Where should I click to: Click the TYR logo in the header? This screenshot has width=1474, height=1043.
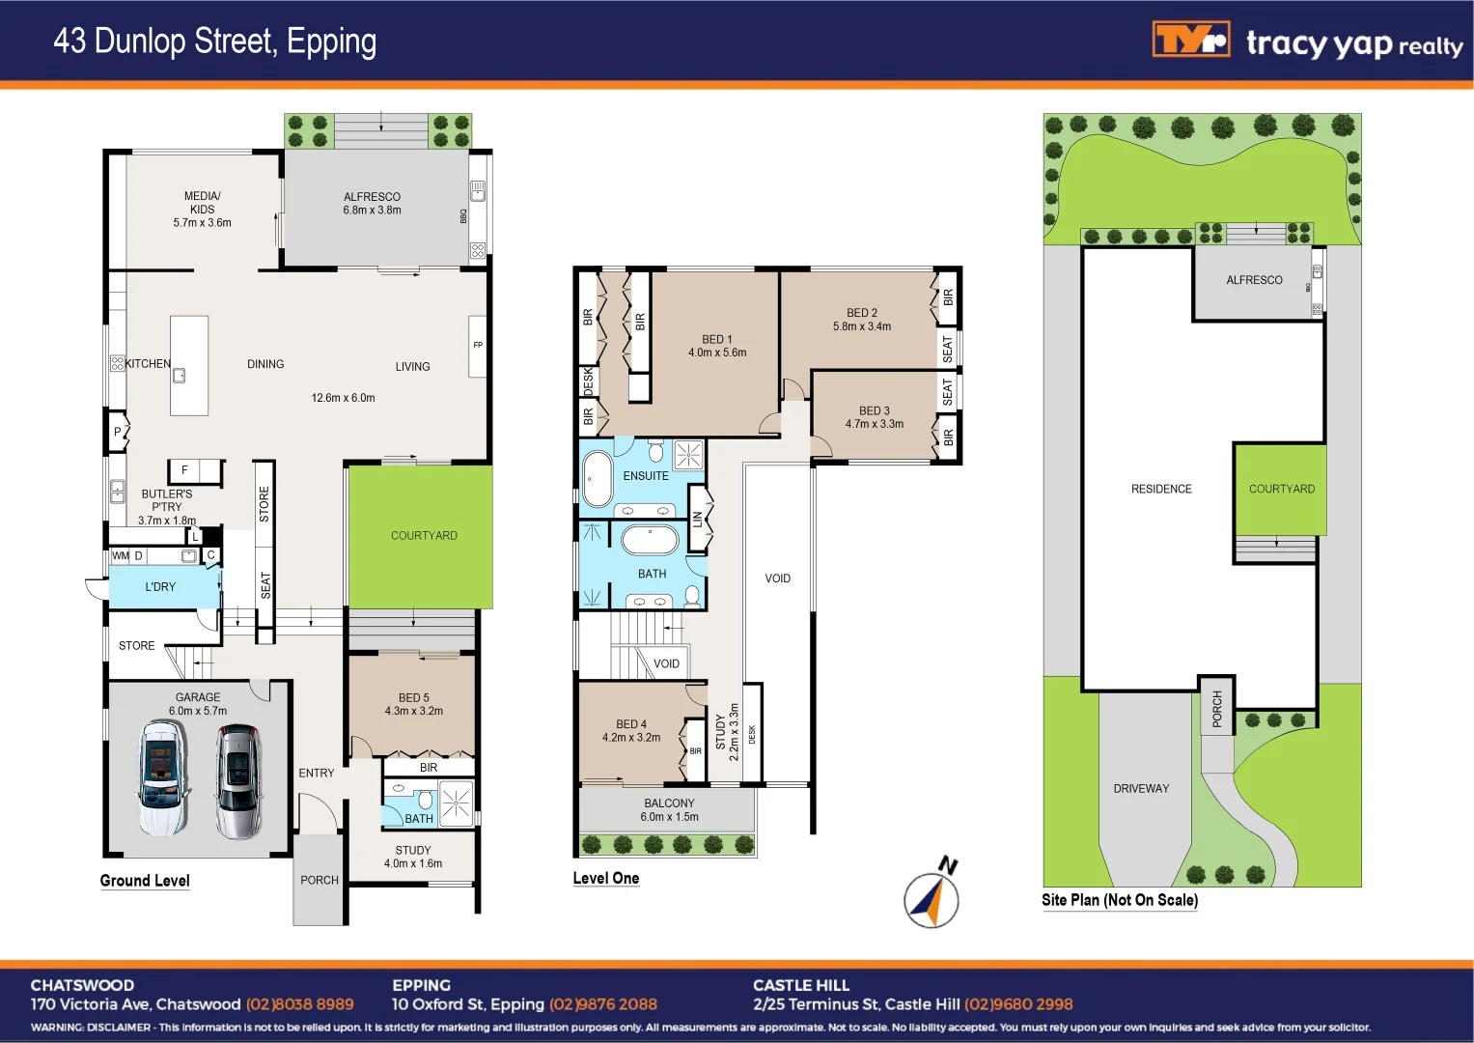[1190, 41]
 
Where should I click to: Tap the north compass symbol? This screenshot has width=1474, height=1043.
[932, 896]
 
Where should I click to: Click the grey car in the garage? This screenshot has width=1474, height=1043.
[238, 781]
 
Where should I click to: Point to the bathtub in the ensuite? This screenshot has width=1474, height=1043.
[598, 478]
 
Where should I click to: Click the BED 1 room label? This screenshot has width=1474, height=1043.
[717, 346]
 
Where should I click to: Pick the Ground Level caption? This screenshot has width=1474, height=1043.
[145, 881]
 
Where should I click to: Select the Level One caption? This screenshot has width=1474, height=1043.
[605, 878]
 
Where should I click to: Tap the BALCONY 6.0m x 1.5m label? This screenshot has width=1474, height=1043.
[669, 809]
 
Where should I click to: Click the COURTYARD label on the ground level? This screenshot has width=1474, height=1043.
[424, 536]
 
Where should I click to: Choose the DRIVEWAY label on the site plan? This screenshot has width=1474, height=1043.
[1141, 789]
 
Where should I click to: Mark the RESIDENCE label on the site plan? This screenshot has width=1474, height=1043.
[1161, 490]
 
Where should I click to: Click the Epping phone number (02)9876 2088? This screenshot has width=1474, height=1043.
[603, 1004]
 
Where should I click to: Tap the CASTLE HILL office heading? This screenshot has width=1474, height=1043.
[801, 985]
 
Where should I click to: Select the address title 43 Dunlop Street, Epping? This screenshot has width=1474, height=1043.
[214, 41]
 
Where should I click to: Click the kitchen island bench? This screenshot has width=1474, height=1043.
[189, 365]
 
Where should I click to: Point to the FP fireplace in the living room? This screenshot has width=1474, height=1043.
[477, 346]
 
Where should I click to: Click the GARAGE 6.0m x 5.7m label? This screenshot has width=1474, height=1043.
[198, 704]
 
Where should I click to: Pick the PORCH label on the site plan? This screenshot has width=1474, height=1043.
[1216, 708]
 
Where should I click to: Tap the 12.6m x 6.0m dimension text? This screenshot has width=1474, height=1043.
[343, 398]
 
